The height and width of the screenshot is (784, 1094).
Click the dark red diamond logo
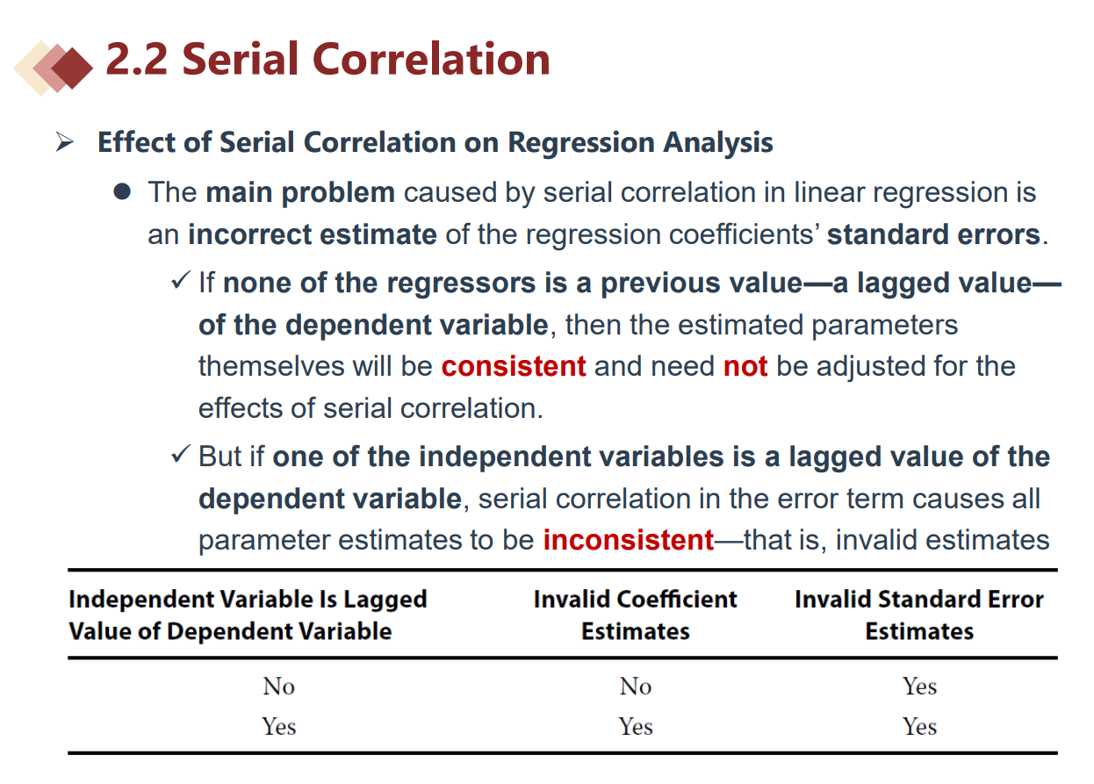(72, 68)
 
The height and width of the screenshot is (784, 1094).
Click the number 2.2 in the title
(137, 59)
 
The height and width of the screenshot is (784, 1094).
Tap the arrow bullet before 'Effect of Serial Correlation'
(64, 142)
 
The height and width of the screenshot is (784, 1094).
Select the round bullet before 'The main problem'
(122, 192)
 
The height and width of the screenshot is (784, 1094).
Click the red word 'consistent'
(514, 366)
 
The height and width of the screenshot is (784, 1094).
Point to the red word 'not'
(745, 367)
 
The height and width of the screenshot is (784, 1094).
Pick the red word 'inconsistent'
(629, 540)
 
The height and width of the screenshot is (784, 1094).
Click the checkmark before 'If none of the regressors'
(180, 280)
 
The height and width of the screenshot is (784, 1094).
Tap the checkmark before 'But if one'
(180, 454)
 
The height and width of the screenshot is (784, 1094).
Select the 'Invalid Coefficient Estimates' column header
(635, 615)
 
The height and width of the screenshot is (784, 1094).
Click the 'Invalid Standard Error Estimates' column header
(919, 615)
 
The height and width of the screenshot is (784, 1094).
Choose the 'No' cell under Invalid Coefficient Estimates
(636, 687)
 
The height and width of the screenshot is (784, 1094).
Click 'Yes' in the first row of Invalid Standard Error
(919, 687)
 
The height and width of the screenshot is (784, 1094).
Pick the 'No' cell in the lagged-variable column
(279, 687)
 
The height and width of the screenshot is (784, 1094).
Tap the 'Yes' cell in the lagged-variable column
(279, 726)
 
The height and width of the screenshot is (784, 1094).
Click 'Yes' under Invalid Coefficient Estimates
(636, 726)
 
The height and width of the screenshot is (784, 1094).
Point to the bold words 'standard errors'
(933, 234)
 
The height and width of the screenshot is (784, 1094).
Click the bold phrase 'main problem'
(300, 192)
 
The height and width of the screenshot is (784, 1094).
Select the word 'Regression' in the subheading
(581, 142)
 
